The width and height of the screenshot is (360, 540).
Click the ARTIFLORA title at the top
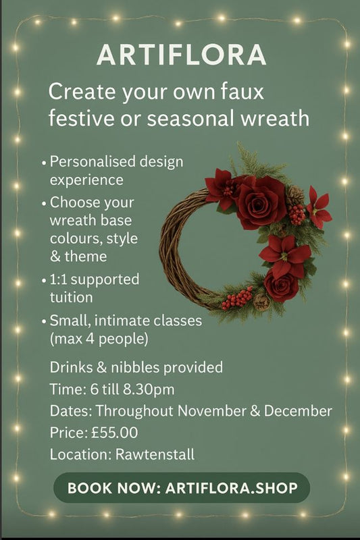click(180, 55)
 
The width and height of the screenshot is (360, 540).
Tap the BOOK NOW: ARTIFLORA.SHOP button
click(182, 488)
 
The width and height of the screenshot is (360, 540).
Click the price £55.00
click(119, 432)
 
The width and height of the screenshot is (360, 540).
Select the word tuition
click(70, 296)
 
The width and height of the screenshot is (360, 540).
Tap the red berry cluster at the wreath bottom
click(237, 297)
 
